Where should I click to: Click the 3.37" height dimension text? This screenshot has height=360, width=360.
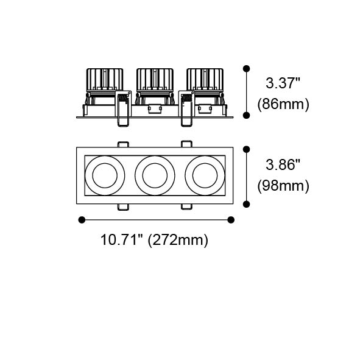(283, 83)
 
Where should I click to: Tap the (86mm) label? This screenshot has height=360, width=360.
(283, 104)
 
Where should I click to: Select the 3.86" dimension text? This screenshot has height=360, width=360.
(283, 164)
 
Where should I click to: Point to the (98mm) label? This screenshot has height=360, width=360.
(283, 186)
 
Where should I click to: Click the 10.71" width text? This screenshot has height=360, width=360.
(122, 240)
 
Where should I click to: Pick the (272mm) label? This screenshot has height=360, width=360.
(178, 241)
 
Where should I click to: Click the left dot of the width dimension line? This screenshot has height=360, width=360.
(82, 220)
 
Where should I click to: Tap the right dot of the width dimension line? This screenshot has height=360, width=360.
(231, 220)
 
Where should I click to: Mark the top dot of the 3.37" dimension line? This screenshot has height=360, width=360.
(246, 68)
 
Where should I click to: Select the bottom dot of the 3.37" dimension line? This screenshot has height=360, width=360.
(246, 115)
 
